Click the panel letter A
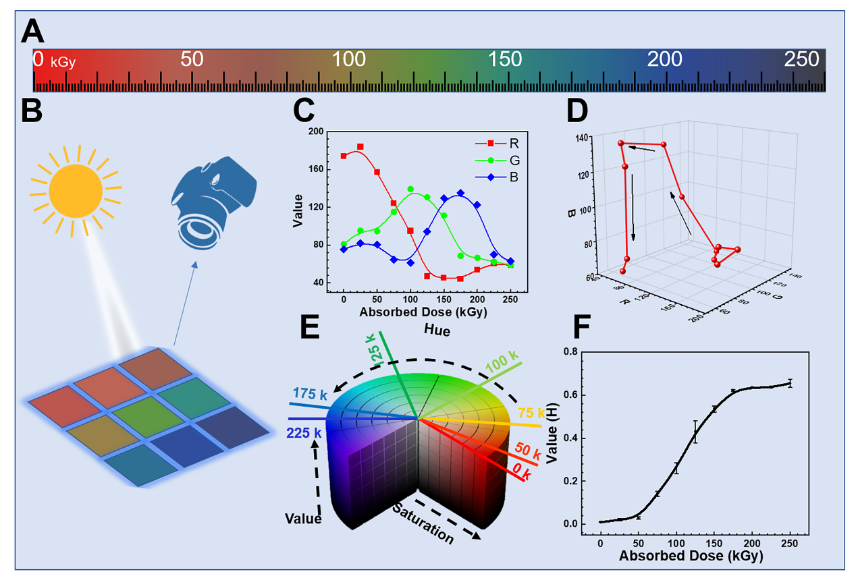pos(34,32)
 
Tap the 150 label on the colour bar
pos(506,59)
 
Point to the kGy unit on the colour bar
pos(63,63)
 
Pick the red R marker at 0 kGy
pos(344,156)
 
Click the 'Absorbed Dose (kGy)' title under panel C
pos(423,313)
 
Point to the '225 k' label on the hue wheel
pos(302,432)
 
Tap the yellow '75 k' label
pos(531,413)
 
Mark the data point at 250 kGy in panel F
pos(790,383)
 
